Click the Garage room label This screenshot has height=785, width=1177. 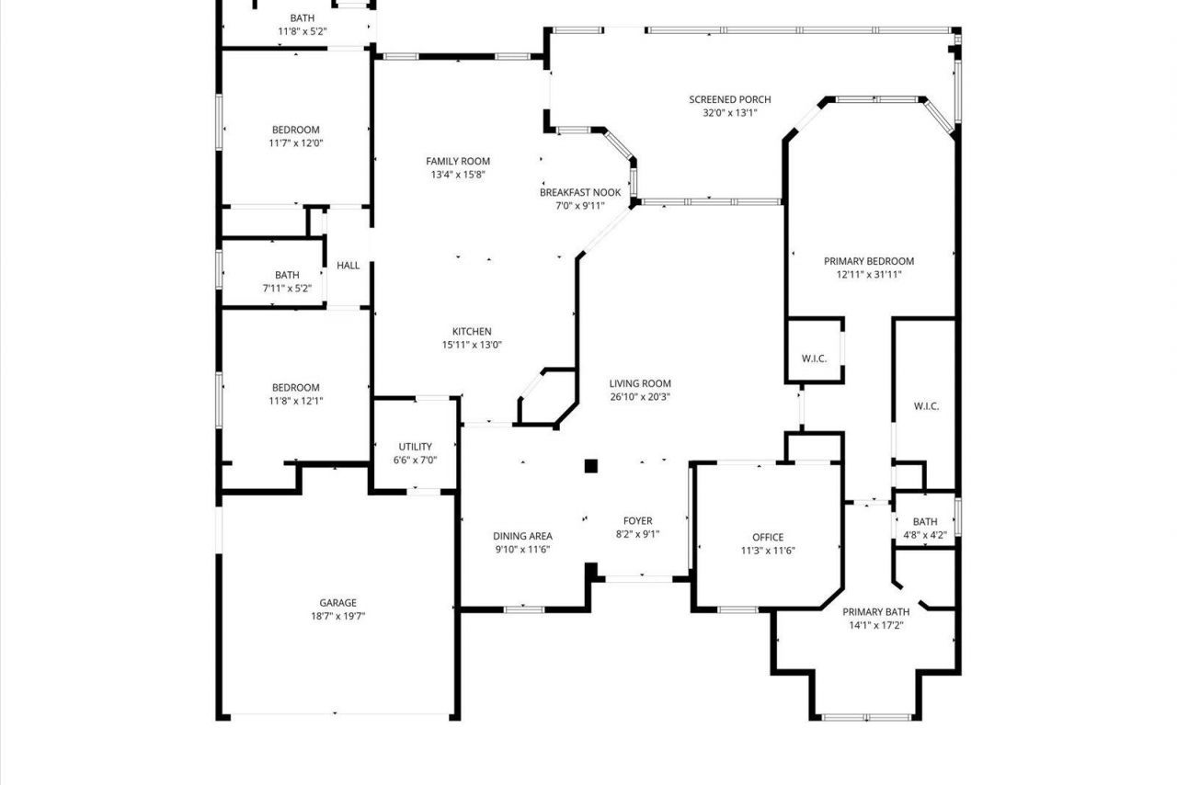tap(337, 603)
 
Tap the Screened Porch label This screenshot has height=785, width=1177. tap(730, 99)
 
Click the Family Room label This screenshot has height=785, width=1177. tap(457, 161)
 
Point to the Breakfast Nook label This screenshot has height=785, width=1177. tap(579, 192)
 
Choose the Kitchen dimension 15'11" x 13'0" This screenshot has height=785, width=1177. tap(471, 345)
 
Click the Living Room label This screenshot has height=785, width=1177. tap(640, 383)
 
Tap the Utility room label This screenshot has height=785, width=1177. tap(415, 447)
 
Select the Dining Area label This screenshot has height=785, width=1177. tap(522, 536)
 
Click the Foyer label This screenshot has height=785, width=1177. tap(637, 521)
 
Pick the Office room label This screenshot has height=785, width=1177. tap(768, 537)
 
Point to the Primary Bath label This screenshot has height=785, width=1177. tap(876, 612)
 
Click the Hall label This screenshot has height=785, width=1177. tap(349, 266)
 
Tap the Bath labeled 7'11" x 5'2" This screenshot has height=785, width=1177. tap(287, 275)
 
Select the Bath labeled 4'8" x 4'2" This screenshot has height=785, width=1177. tap(925, 521)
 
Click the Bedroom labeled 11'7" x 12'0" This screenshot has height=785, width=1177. tap(295, 130)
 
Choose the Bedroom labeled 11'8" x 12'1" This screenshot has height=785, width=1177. tap(295, 388)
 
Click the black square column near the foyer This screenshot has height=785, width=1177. tap(591, 466)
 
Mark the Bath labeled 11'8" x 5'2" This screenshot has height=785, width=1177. tap(302, 17)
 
